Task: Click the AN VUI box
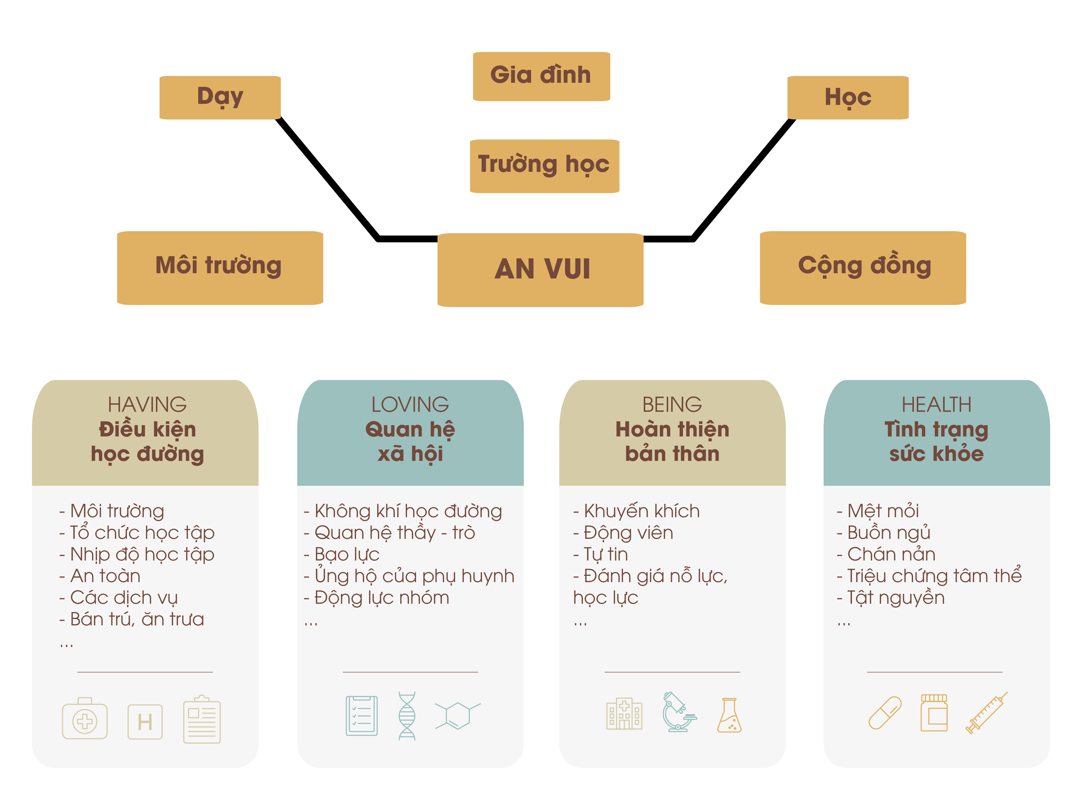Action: [x=540, y=269]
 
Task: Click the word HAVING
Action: [x=147, y=404]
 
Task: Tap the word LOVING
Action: [x=410, y=404]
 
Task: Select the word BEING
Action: [x=672, y=404]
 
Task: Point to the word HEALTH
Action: [x=936, y=404]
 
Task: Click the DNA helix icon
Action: [x=407, y=716]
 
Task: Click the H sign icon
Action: [x=145, y=721]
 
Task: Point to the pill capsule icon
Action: [x=885, y=712]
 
